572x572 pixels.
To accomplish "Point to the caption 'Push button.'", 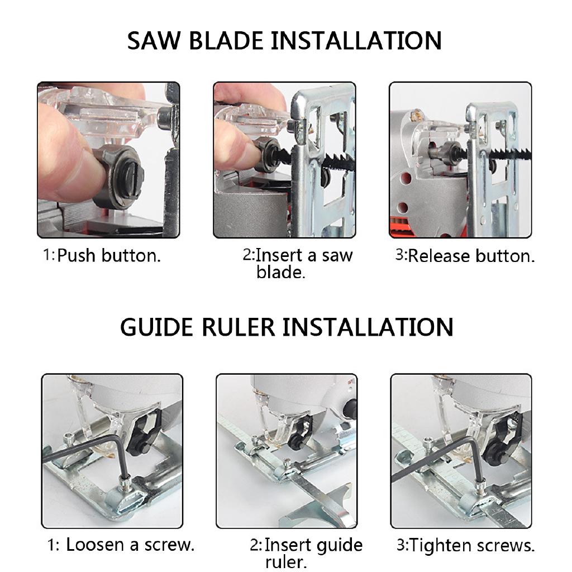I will [109, 256].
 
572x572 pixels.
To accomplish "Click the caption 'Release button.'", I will [471, 256].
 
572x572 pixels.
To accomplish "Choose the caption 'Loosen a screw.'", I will [130, 545].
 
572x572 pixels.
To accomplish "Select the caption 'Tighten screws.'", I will [472, 545].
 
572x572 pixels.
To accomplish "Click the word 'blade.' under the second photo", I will [280, 272].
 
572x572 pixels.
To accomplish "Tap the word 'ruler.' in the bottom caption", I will [286, 561].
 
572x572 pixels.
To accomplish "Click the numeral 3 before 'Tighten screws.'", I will [401, 545].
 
